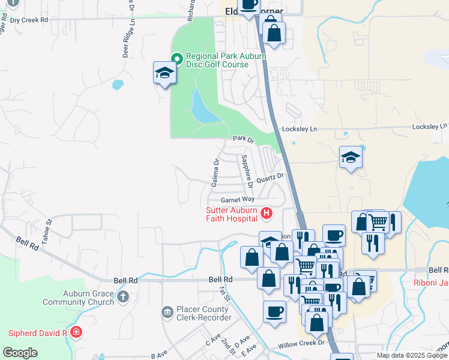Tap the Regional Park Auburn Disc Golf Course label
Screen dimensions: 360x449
pyautogui.click(x=217, y=61)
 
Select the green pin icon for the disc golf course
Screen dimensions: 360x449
pyautogui.click(x=176, y=58)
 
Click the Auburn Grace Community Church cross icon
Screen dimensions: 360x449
pyautogui.click(x=123, y=296)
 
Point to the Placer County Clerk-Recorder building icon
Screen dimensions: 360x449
pyautogui.click(x=167, y=312)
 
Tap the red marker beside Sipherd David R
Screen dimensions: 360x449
pyautogui.click(x=76, y=332)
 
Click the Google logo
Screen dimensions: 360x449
pyautogui.click(x=20, y=353)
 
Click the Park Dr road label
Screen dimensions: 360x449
pyautogui.click(x=244, y=139)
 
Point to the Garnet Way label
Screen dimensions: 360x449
pyautogui.click(x=238, y=199)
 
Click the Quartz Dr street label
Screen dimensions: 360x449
pyautogui.click(x=270, y=178)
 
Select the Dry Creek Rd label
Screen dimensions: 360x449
pyautogui.click(x=29, y=20)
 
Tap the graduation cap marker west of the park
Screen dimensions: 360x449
pyautogui.click(x=164, y=73)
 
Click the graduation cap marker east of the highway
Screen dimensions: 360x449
pyautogui.click(x=351, y=158)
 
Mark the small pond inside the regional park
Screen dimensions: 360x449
pyautogui.click(x=202, y=107)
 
